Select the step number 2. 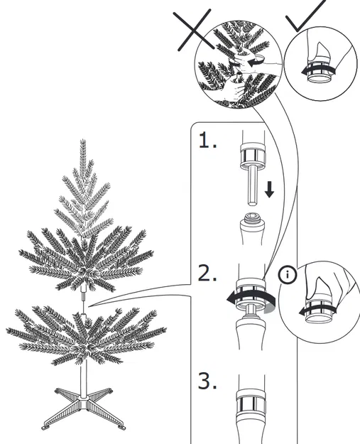(x=207, y=274)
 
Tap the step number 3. (x=207, y=381)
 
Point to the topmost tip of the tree (x=84, y=141)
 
